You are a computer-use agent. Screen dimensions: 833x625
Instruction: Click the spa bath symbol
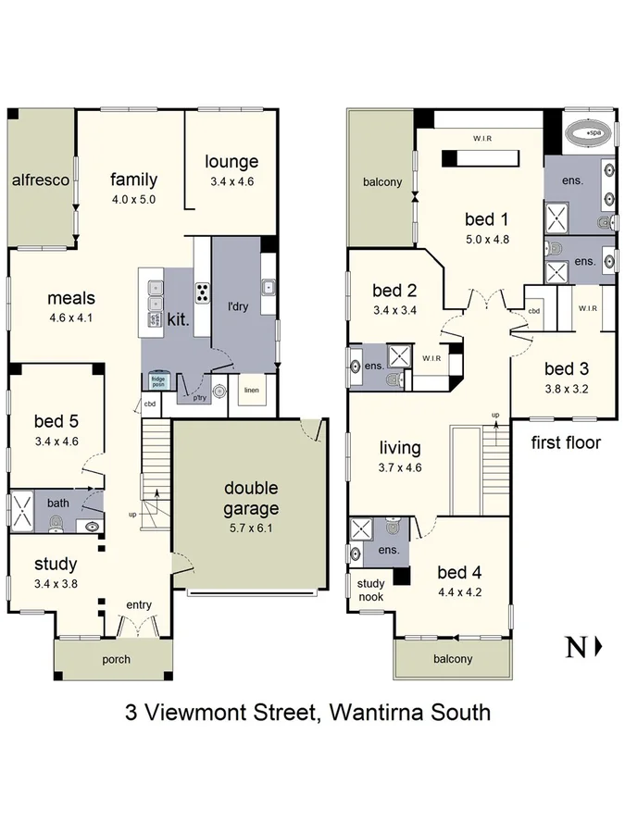[589, 133]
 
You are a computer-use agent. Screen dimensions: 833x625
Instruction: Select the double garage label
[250, 498]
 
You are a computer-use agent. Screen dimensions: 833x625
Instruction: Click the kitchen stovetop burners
[201, 292]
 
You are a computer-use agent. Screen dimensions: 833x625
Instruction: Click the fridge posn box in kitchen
[159, 381]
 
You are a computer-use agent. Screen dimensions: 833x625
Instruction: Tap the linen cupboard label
[252, 389]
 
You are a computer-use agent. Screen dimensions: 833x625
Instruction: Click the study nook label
[371, 589]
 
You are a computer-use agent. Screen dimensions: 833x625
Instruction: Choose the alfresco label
[41, 180]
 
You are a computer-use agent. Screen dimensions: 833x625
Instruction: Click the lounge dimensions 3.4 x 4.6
[231, 181]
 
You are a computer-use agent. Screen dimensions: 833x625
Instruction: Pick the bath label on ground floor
[58, 503]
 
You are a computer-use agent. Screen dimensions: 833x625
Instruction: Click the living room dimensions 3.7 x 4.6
[400, 468]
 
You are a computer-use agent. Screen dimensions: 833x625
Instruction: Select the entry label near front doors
[139, 604]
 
